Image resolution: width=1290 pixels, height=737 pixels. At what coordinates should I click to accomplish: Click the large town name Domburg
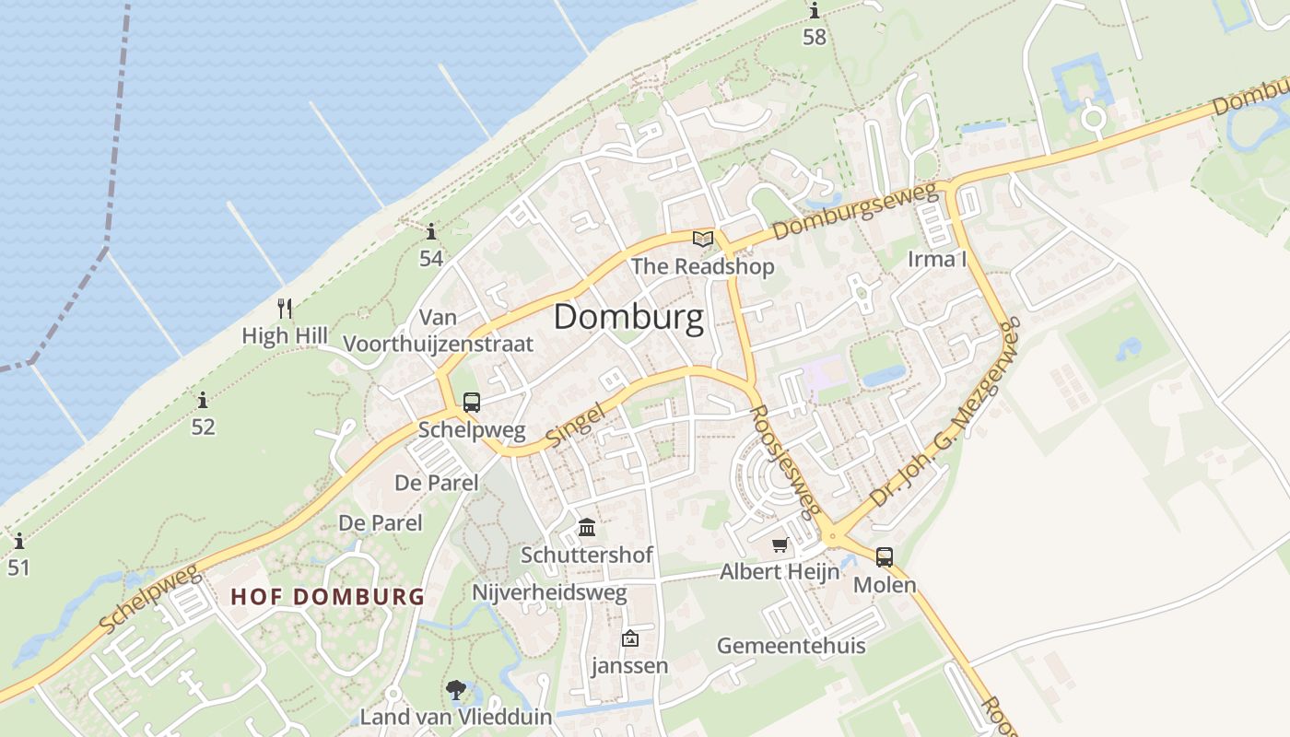628,317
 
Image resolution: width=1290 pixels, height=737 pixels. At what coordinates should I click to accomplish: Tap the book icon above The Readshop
703,240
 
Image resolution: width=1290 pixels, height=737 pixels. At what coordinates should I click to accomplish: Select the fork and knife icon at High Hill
285,309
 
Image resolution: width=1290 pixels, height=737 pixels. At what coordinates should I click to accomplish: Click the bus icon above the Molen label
885,556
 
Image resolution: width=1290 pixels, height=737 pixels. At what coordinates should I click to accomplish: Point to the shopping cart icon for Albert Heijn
780,545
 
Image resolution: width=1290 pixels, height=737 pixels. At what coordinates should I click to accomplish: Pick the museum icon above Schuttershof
587,528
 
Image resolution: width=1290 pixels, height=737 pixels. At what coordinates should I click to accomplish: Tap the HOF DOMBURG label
328,596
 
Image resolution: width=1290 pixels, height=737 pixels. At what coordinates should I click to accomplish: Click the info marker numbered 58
815,11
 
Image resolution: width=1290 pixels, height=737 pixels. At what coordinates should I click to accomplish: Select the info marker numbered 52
203,401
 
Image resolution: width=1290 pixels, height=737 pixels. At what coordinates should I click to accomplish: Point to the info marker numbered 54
431,231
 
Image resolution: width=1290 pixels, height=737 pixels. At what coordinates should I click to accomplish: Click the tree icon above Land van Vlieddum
455,690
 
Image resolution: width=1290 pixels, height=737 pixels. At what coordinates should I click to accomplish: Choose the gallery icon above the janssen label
630,638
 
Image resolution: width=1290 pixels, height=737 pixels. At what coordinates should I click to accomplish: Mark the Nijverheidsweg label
549,592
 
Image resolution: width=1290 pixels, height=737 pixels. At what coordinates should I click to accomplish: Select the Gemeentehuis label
792,645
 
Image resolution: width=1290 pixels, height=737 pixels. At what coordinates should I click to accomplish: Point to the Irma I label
937,259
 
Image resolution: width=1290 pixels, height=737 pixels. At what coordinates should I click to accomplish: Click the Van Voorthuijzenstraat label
438,331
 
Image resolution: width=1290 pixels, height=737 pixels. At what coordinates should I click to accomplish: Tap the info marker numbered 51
18,541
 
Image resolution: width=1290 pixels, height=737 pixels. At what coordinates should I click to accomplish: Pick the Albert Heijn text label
780,571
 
